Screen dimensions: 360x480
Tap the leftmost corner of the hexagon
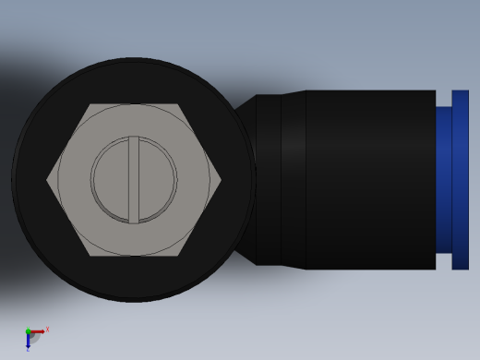(x=47, y=180)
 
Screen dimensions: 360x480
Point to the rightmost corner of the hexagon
(x=222, y=180)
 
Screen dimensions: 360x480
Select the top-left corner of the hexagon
(x=90, y=104)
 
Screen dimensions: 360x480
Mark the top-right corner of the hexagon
(x=179, y=104)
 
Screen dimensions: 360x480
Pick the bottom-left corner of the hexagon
(x=90, y=256)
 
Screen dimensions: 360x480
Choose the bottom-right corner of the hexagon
(x=179, y=256)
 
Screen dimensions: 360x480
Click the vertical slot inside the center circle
(x=134, y=179)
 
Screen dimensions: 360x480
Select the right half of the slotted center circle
(x=157, y=179)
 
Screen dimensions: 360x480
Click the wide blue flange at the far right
(x=460, y=180)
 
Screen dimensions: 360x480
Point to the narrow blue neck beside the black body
(x=443, y=180)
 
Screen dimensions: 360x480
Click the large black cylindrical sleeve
(x=369, y=180)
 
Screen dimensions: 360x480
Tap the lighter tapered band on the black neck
(x=293, y=180)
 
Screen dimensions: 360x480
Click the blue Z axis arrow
(x=28, y=342)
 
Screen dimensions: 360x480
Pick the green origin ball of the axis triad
(x=28, y=331)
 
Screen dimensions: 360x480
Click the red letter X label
(x=47, y=329)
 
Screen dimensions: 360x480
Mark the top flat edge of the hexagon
(x=134, y=105)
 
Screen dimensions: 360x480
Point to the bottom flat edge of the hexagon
(x=134, y=255)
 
